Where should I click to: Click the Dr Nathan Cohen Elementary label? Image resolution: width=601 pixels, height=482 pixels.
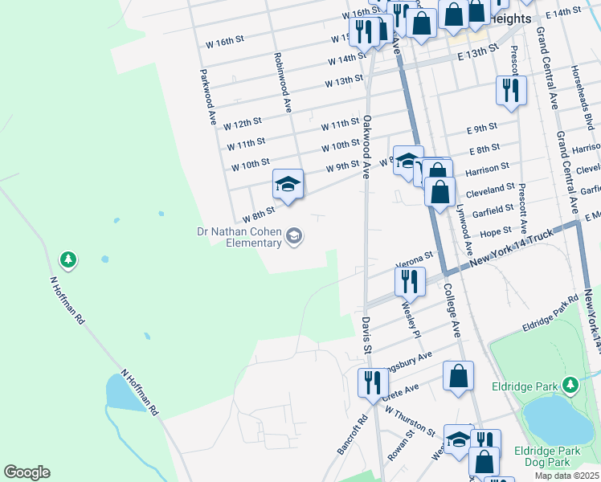239,237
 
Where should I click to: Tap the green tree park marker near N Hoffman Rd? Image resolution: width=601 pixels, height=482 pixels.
68,259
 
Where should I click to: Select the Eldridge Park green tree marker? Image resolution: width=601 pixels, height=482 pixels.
570,386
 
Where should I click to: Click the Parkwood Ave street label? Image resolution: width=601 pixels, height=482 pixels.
213,96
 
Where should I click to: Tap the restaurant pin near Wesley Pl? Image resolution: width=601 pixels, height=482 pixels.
410,282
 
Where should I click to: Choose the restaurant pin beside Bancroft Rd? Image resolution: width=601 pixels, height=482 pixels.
371,382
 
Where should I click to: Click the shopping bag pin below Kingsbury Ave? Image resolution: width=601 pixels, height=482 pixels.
458,377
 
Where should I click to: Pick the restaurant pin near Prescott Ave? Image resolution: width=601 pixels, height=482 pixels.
509,91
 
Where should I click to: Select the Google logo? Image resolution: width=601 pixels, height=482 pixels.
27,472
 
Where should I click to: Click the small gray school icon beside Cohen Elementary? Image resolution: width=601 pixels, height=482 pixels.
294,235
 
